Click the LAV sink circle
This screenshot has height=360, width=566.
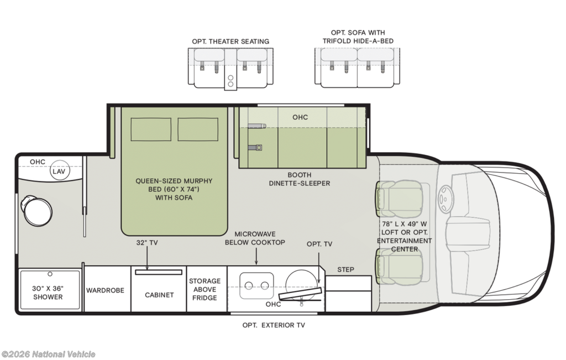(60, 171)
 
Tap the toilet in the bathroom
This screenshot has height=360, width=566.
(36, 211)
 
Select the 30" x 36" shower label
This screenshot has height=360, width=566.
(48, 293)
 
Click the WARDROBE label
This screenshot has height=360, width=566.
(105, 290)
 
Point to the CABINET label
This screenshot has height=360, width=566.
(159, 295)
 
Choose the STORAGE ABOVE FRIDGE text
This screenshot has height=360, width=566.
(205, 289)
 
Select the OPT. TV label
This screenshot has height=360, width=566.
(319, 244)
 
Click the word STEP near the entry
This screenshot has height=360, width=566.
(346, 270)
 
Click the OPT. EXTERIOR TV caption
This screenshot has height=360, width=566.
(274, 325)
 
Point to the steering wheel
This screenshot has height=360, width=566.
(446, 199)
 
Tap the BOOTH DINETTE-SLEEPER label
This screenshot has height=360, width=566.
(300, 179)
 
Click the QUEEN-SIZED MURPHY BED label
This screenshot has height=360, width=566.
(174, 185)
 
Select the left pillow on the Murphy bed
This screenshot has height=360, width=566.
(151, 129)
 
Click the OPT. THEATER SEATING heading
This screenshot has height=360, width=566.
(230, 41)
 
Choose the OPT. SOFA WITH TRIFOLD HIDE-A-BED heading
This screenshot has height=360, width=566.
(358, 37)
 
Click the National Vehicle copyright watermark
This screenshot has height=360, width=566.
(49, 354)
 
